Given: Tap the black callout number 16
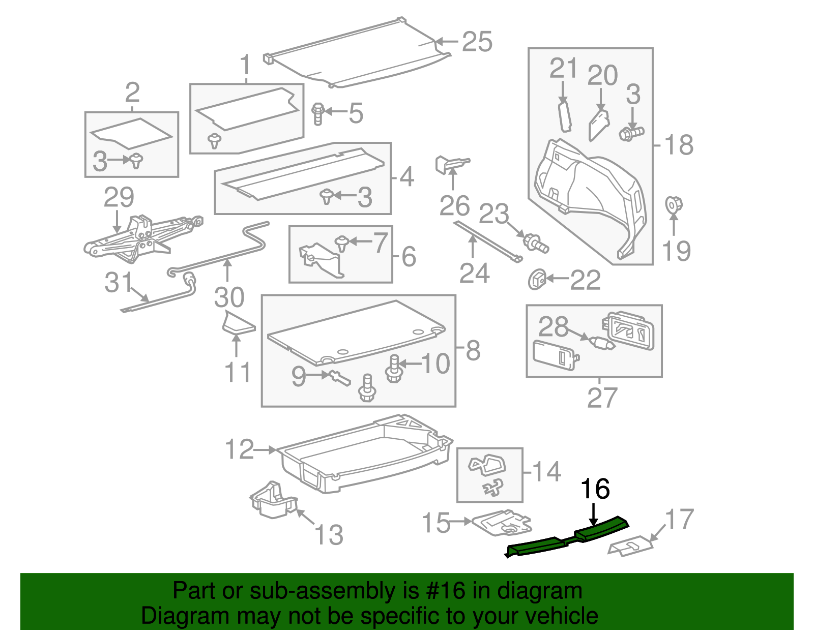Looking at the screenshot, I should point(595,489).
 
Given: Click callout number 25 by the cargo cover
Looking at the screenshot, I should point(477,42).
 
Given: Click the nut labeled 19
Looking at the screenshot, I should point(673,205).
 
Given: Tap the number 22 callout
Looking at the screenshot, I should point(585,280).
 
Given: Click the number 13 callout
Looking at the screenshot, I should point(329,535).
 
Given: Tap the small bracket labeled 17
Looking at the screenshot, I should point(630,547).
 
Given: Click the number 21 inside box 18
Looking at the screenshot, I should point(564,68).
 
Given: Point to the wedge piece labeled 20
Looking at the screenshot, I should point(599,125).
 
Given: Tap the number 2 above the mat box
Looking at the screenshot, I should point(132,93).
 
